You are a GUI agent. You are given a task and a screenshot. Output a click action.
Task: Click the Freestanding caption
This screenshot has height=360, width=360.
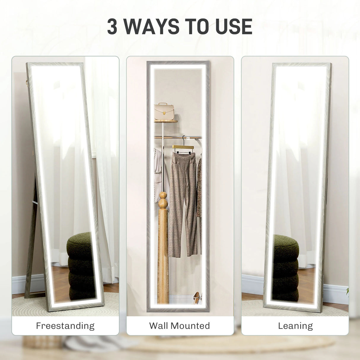(x=65, y=326)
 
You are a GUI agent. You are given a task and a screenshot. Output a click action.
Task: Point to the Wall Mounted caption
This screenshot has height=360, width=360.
(x=180, y=326)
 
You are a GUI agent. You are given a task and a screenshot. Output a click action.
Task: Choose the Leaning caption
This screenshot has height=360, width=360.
(x=295, y=326)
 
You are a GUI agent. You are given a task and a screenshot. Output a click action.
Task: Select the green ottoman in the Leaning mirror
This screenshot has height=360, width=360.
(x=285, y=267)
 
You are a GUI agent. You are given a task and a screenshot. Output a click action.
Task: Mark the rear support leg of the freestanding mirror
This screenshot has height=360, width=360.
(x=31, y=237)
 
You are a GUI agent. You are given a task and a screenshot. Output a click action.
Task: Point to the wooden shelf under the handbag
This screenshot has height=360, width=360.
(x=166, y=121)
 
